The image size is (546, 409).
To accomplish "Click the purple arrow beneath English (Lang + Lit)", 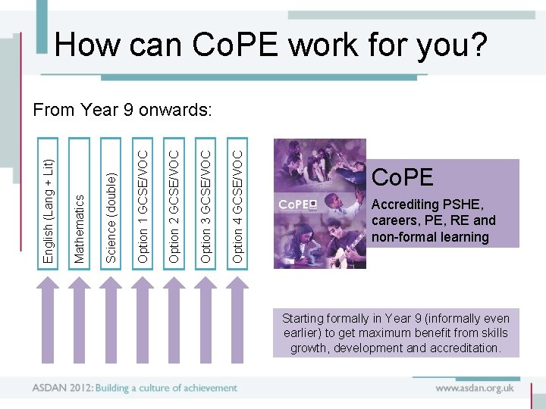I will pos(49,318).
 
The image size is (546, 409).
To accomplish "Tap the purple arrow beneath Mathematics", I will pos(80,318).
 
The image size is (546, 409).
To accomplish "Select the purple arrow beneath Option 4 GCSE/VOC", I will pos(238,318).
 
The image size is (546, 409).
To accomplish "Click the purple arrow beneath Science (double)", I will pos(111,318).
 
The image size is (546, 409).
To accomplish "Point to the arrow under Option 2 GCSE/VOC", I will pos(174,318).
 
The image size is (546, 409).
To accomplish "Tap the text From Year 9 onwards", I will pos(122,110).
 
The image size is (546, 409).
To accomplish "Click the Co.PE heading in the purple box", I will pos(402,178).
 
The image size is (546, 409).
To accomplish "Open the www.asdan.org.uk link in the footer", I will pos(475,388).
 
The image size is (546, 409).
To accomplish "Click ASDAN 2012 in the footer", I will pos(61,388).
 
